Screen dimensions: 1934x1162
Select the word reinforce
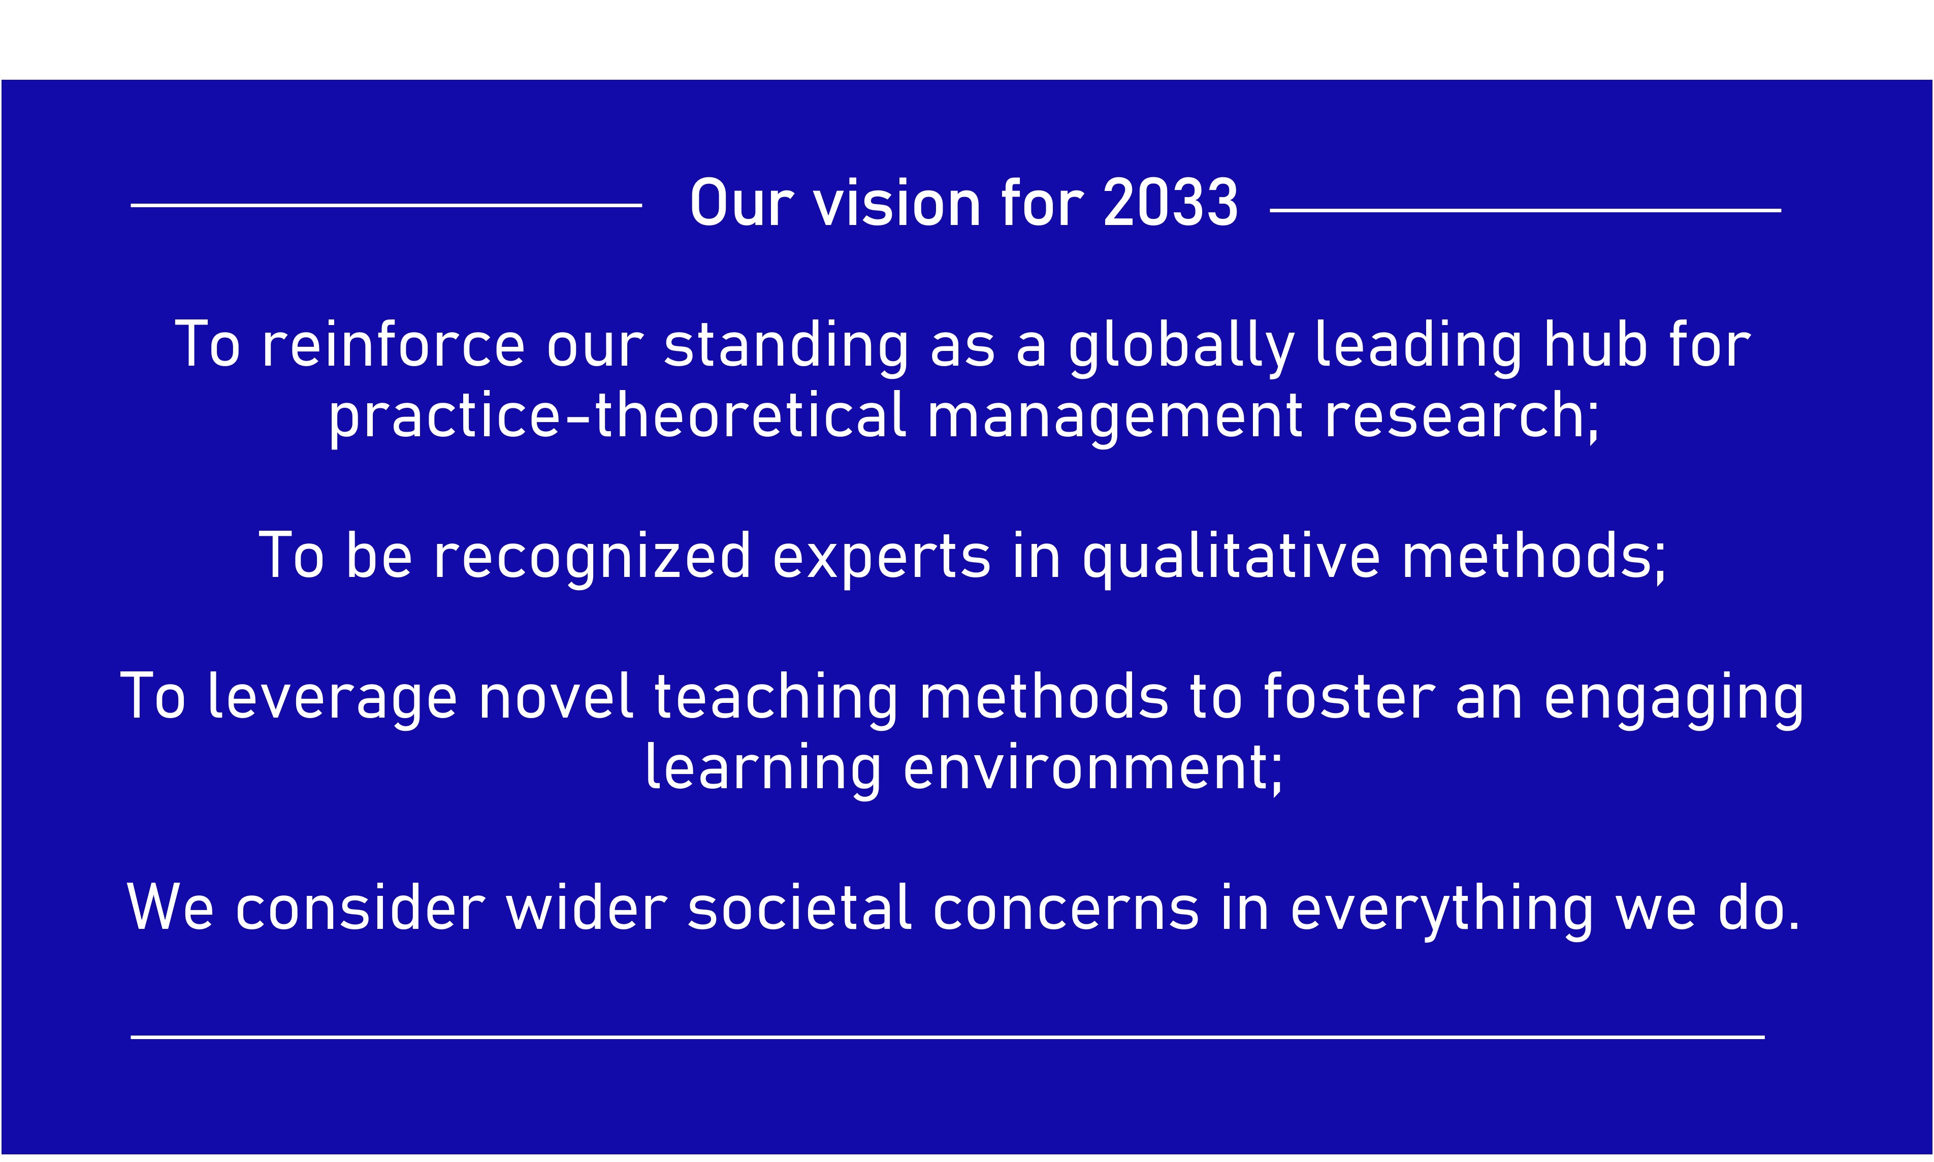pyautogui.click(x=393, y=344)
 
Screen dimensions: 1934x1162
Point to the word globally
pyautogui.click(x=1181, y=348)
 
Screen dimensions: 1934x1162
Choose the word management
pyautogui.click(x=1115, y=418)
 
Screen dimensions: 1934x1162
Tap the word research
pyautogui.click(x=1457, y=415)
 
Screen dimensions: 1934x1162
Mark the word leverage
pyautogui.click(x=332, y=699)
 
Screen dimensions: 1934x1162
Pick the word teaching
pyautogui.click(x=776, y=699)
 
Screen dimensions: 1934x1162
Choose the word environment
pyautogui.click(x=1085, y=769)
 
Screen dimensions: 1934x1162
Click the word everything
pyautogui.click(x=1441, y=911)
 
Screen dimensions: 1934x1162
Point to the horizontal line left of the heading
pyautogui.click(x=386, y=205)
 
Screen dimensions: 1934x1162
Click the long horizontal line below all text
pyautogui.click(x=947, y=1037)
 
